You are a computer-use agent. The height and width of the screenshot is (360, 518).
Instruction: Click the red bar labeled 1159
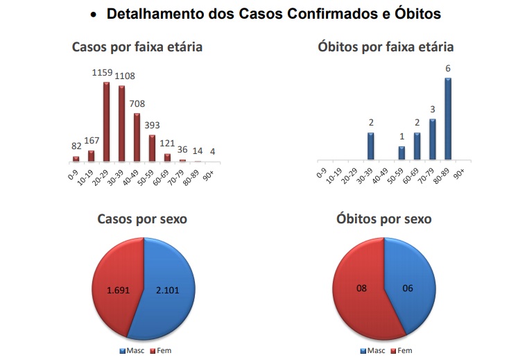[107, 121]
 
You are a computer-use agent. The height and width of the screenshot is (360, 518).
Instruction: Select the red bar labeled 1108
[122, 123]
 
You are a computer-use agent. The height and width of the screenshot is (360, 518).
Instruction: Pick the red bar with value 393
[153, 148]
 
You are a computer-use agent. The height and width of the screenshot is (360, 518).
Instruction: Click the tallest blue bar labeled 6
[448, 119]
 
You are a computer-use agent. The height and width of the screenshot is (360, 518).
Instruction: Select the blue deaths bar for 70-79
[433, 139]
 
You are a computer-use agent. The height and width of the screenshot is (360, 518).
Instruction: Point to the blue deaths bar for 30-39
[371, 146]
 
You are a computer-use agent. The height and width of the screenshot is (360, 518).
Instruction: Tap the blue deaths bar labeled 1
[402, 153]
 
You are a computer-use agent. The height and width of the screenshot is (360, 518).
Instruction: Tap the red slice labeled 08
[360, 288]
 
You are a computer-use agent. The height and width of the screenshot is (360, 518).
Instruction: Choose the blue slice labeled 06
[408, 288]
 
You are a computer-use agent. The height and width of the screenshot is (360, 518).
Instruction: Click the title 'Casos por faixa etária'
[137, 47]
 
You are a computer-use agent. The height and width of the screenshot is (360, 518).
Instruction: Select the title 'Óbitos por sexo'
[384, 219]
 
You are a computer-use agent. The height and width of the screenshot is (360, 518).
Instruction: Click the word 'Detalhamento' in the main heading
[158, 14]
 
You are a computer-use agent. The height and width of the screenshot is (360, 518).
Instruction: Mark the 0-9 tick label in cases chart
[72, 172]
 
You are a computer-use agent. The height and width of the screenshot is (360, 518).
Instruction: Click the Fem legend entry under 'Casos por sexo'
[160, 350]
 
